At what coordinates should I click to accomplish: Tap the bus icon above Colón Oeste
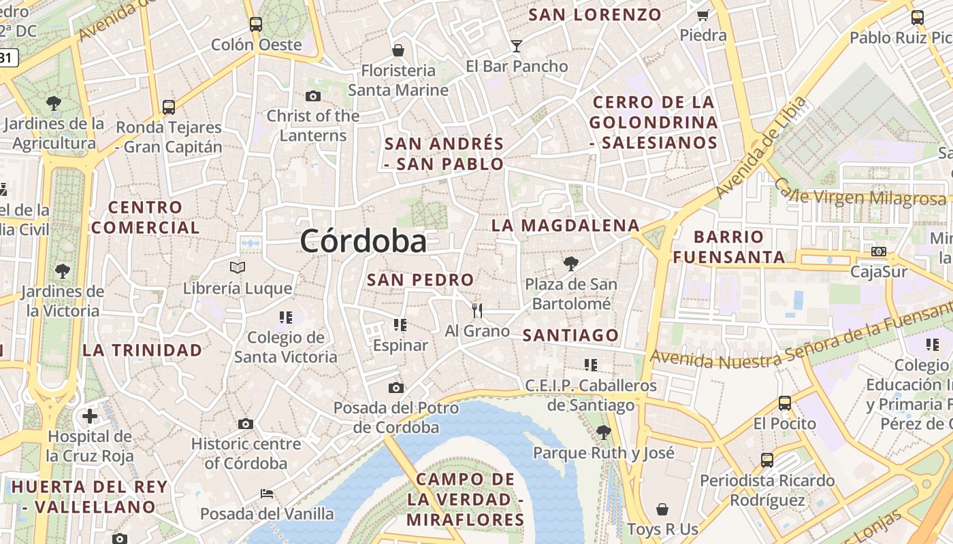(x=255, y=24)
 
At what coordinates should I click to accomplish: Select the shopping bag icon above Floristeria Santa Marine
(x=398, y=50)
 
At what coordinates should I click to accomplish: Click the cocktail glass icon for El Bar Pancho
(x=517, y=46)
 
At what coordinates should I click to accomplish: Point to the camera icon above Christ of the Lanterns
(x=313, y=96)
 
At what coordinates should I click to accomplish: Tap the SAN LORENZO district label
(x=594, y=15)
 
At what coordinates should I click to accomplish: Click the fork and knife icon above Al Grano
(x=477, y=311)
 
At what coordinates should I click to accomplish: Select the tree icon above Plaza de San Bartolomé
(x=570, y=264)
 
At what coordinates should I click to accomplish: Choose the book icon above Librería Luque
(x=237, y=268)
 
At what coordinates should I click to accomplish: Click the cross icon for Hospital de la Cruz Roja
(x=90, y=416)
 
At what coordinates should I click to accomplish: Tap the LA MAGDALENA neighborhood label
(x=566, y=226)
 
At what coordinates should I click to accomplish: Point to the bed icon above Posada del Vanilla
(x=267, y=493)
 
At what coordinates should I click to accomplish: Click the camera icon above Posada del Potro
(x=395, y=388)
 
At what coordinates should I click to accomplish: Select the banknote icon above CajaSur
(x=879, y=252)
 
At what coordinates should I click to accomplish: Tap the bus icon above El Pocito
(x=785, y=403)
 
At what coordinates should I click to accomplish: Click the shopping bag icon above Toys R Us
(x=662, y=509)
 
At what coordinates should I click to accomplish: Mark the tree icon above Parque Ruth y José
(x=603, y=432)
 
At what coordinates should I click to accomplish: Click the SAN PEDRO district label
(x=420, y=280)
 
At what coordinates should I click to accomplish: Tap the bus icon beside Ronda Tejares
(x=168, y=107)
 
